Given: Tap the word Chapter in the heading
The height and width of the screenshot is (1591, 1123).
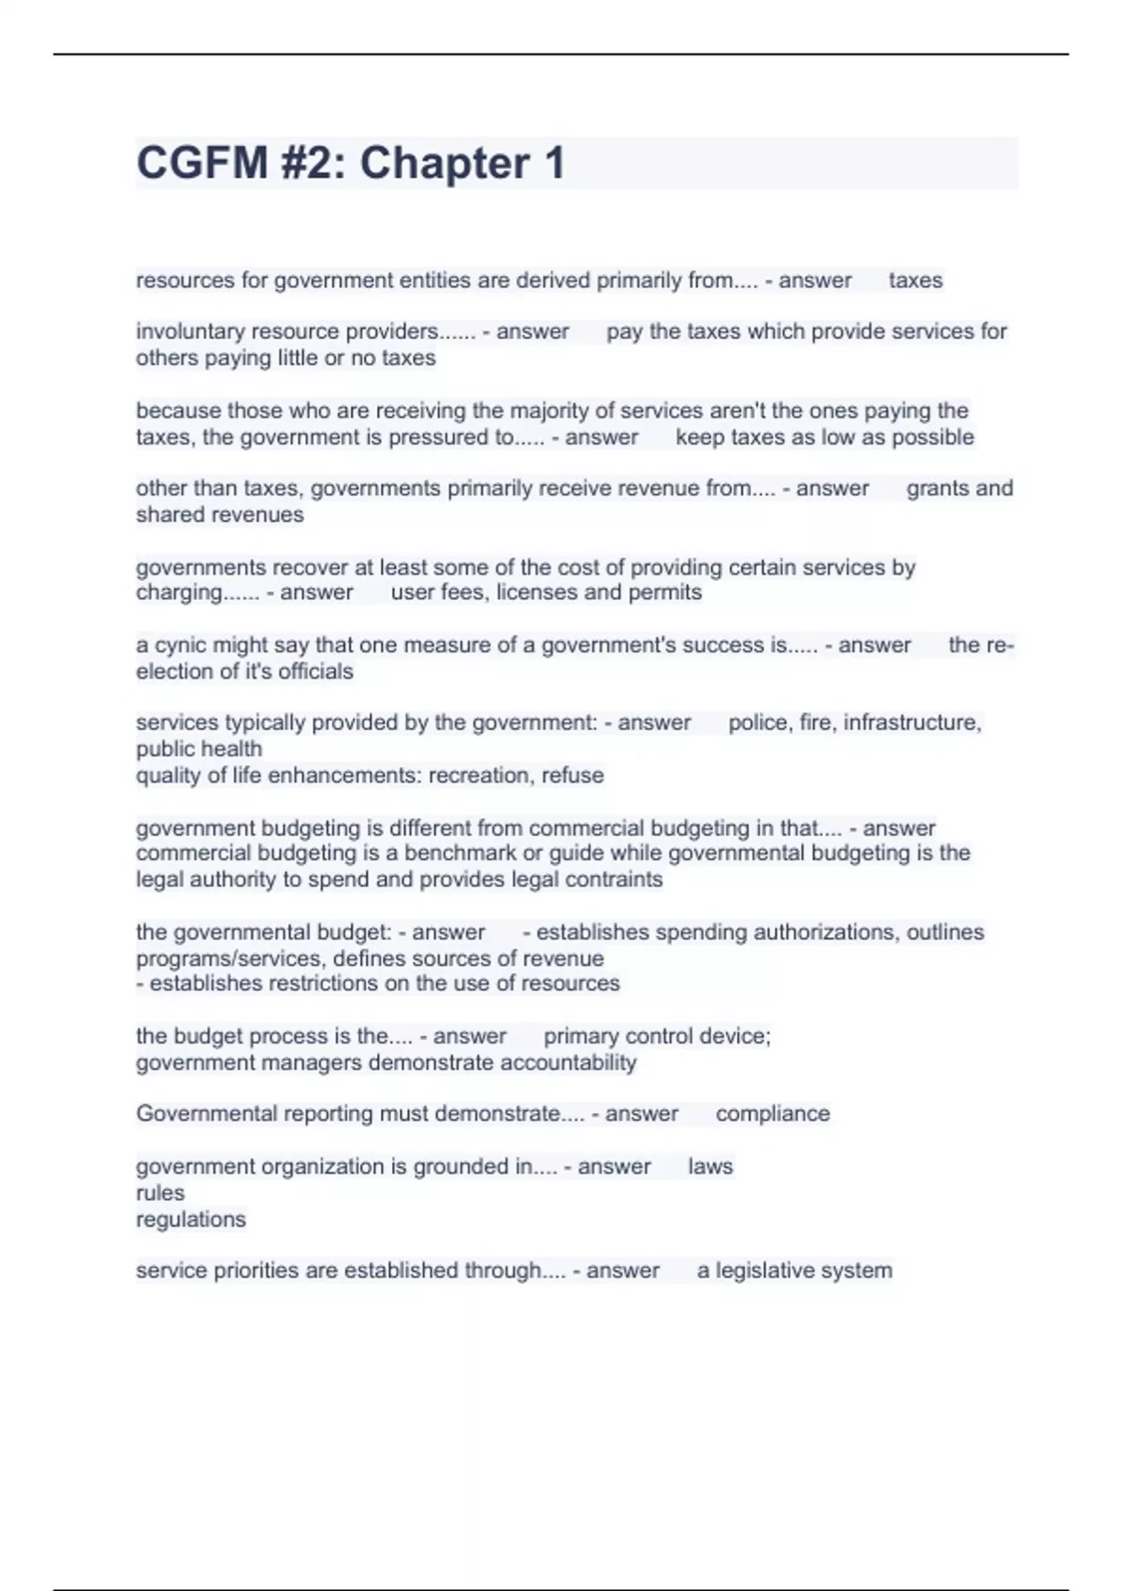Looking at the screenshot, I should tap(445, 163).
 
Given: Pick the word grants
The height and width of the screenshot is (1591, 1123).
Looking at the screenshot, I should tap(938, 489).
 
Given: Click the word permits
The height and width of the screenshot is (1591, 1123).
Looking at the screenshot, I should tap(665, 592).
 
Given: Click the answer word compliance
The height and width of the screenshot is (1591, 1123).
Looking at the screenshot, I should tap(772, 1114).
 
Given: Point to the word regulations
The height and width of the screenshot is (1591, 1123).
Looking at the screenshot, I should tap(191, 1219).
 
